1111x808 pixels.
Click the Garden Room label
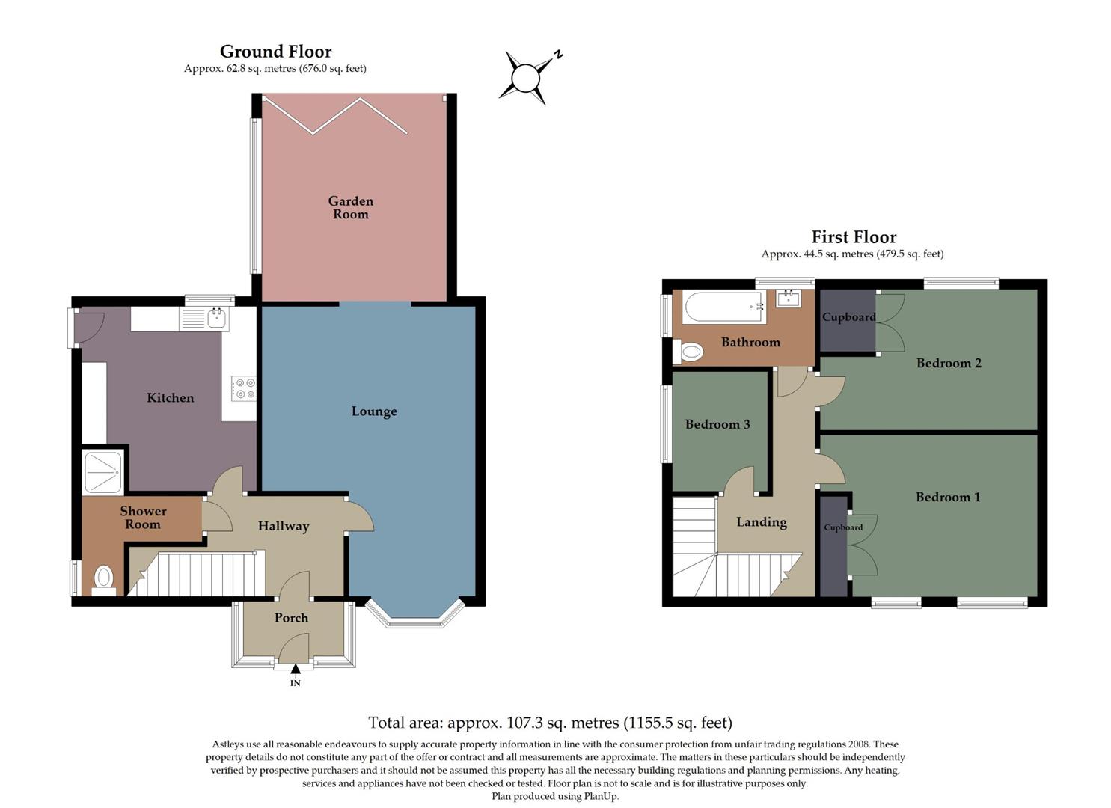click(x=350, y=207)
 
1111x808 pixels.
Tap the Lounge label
click(x=374, y=411)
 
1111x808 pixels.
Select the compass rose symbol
click(x=527, y=76)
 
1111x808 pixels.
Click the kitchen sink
click(x=217, y=319)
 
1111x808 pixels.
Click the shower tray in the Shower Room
click(x=102, y=472)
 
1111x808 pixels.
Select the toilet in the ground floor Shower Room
click(x=103, y=578)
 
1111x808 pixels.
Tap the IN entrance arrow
click(x=296, y=669)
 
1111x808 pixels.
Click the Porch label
click(x=291, y=618)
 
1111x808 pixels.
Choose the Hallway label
click(x=284, y=526)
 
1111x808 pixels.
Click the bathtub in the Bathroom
click(x=724, y=307)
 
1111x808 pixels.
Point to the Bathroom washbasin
click(x=788, y=299)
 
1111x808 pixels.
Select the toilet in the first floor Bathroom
click(x=690, y=351)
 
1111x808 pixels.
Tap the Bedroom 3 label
click(x=717, y=424)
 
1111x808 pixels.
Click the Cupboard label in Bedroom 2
click(x=848, y=317)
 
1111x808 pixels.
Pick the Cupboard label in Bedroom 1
click(x=843, y=527)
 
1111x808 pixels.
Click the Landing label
click(x=762, y=522)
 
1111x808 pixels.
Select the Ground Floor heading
click(x=275, y=52)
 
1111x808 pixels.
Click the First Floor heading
click(x=854, y=237)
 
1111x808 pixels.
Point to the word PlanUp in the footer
click(x=601, y=796)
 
